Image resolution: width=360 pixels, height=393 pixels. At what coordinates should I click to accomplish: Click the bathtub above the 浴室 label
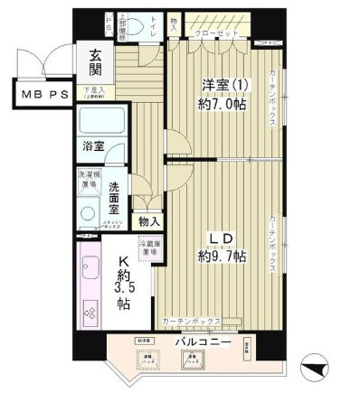101,122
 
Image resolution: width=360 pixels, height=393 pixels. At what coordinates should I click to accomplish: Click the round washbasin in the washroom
88,214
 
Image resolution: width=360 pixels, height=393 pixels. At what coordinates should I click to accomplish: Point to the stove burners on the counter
90,313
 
